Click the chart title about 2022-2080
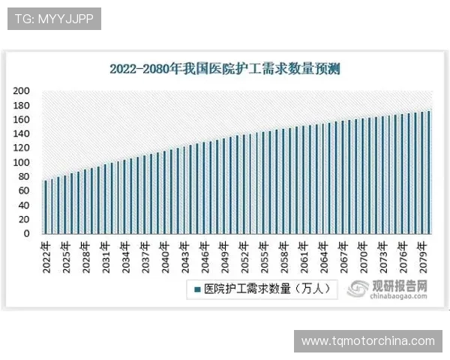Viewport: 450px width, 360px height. (225, 70)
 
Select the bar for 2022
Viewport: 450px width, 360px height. (45, 206)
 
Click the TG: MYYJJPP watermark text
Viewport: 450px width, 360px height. (54, 19)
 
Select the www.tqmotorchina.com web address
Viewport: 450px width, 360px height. (367, 341)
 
